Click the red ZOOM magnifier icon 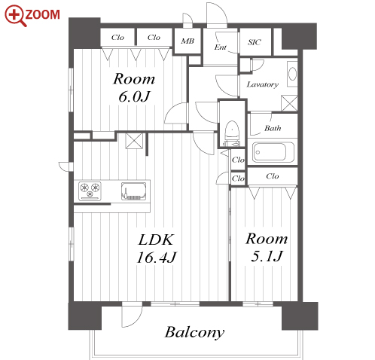click(15, 16)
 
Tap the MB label click(187, 41)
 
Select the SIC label click(255, 42)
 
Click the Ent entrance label click(220, 47)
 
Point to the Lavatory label click(263, 84)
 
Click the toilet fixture click(232, 134)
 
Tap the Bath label click(273, 128)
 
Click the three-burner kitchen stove click(90, 191)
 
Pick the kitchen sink click(134, 191)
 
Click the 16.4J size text click(157, 258)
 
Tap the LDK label click(156, 239)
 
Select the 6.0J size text click(134, 96)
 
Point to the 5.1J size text click(267, 256)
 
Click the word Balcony click(194, 332)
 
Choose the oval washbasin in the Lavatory click(292, 74)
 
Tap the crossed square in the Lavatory click(289, 103)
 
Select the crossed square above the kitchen click(134, 141)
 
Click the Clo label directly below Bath click(273, 176)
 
